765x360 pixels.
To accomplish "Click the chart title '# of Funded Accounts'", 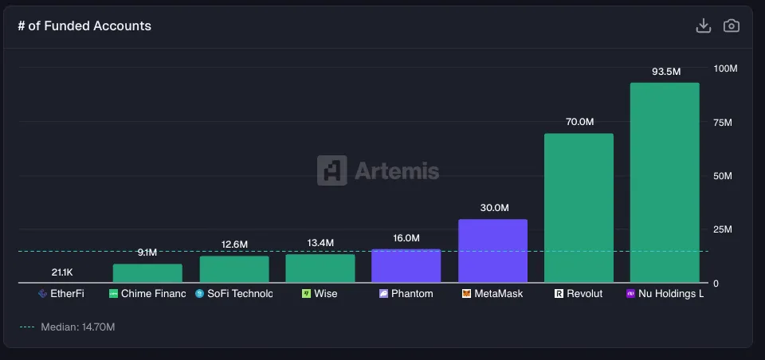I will [84, 26].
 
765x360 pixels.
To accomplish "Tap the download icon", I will [703, 25].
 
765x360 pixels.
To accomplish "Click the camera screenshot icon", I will [731, 25].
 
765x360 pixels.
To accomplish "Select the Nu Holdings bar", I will [665, 182].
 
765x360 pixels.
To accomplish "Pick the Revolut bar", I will [579, 208].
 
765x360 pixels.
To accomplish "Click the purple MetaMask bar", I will [492, 251].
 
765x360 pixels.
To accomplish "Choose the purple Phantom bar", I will [406, 266].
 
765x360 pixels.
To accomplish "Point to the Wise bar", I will [320, 268].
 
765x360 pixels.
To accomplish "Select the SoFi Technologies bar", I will [234, 269].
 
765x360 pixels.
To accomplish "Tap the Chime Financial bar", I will [147, 273].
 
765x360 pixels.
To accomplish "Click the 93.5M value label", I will [666, 72].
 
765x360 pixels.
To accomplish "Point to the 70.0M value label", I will [579, 122].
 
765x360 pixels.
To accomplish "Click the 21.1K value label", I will [62, 272].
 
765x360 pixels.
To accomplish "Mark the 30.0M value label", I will [494, 208].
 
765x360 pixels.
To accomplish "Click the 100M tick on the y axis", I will [725, 68].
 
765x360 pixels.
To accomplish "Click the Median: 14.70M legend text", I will [78, 327].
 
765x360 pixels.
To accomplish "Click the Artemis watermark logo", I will [378, 170].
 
